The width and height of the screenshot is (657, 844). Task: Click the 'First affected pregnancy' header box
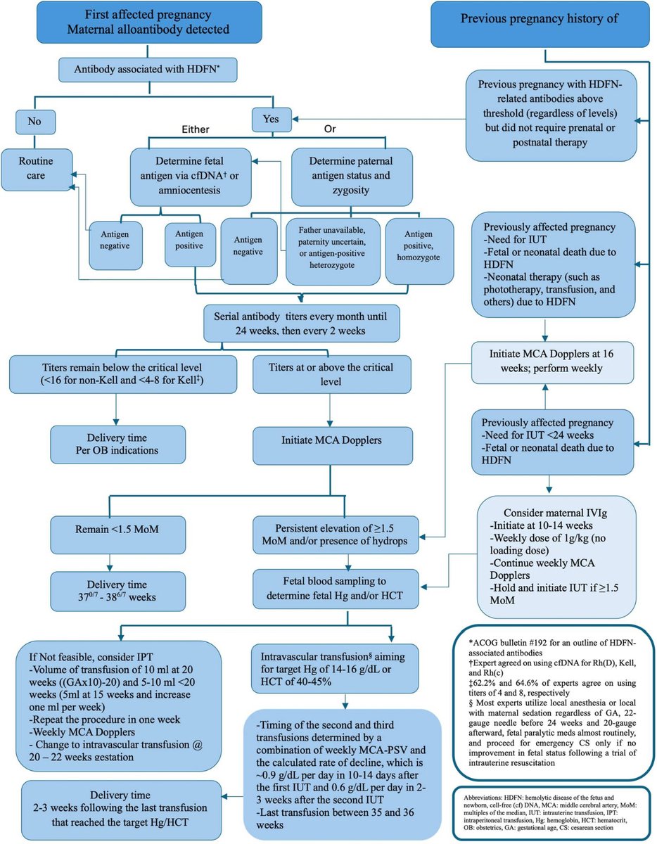(149, 22)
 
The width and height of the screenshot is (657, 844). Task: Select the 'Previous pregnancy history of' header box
(540, 24)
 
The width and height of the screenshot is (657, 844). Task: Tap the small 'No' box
(35, 122)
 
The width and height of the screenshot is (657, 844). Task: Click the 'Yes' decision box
(272, 120)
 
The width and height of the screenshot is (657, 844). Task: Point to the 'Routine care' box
(37, 170)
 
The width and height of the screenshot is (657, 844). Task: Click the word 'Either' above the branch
(196, 129)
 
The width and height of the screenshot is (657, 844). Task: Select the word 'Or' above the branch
(330, 129)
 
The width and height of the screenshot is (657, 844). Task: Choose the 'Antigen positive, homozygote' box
(419, 251)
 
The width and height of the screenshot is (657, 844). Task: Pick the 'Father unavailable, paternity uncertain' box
(333, 252)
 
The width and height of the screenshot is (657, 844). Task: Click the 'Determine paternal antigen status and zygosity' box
(352, 177)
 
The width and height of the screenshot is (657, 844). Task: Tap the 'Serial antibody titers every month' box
(301, 323)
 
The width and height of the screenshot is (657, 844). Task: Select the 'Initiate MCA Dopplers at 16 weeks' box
(552, 363)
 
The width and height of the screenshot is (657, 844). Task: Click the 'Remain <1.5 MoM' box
(117, 535)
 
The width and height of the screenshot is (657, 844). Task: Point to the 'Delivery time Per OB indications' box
(117, 445)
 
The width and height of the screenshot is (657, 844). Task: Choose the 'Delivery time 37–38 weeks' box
(117, 591)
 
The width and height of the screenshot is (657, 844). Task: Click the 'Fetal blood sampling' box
(336, 589)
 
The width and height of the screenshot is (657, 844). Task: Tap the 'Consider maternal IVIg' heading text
(555, 513)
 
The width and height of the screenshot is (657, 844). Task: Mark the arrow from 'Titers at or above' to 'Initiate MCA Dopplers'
(330, 410)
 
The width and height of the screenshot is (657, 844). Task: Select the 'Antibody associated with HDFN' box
(148, 70)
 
